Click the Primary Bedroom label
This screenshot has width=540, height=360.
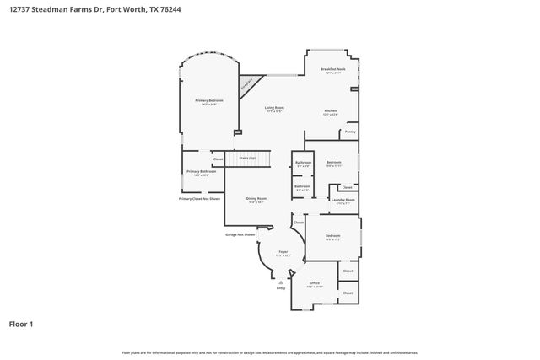209,101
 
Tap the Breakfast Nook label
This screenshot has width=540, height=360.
332,70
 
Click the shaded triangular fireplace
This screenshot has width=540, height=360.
247,85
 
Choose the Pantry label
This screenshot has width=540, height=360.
350,132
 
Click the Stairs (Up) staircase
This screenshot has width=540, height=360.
248,158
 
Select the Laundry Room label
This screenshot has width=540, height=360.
343,200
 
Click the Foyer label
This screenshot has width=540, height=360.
283,252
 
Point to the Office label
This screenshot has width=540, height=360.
315,283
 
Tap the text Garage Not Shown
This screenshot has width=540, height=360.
240,234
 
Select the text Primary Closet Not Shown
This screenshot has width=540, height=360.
199,199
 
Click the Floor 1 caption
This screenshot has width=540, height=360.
22,323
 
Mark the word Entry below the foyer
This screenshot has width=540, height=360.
281,288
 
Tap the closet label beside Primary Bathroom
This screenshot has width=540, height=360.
218,159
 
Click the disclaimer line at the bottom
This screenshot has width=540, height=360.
269,352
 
